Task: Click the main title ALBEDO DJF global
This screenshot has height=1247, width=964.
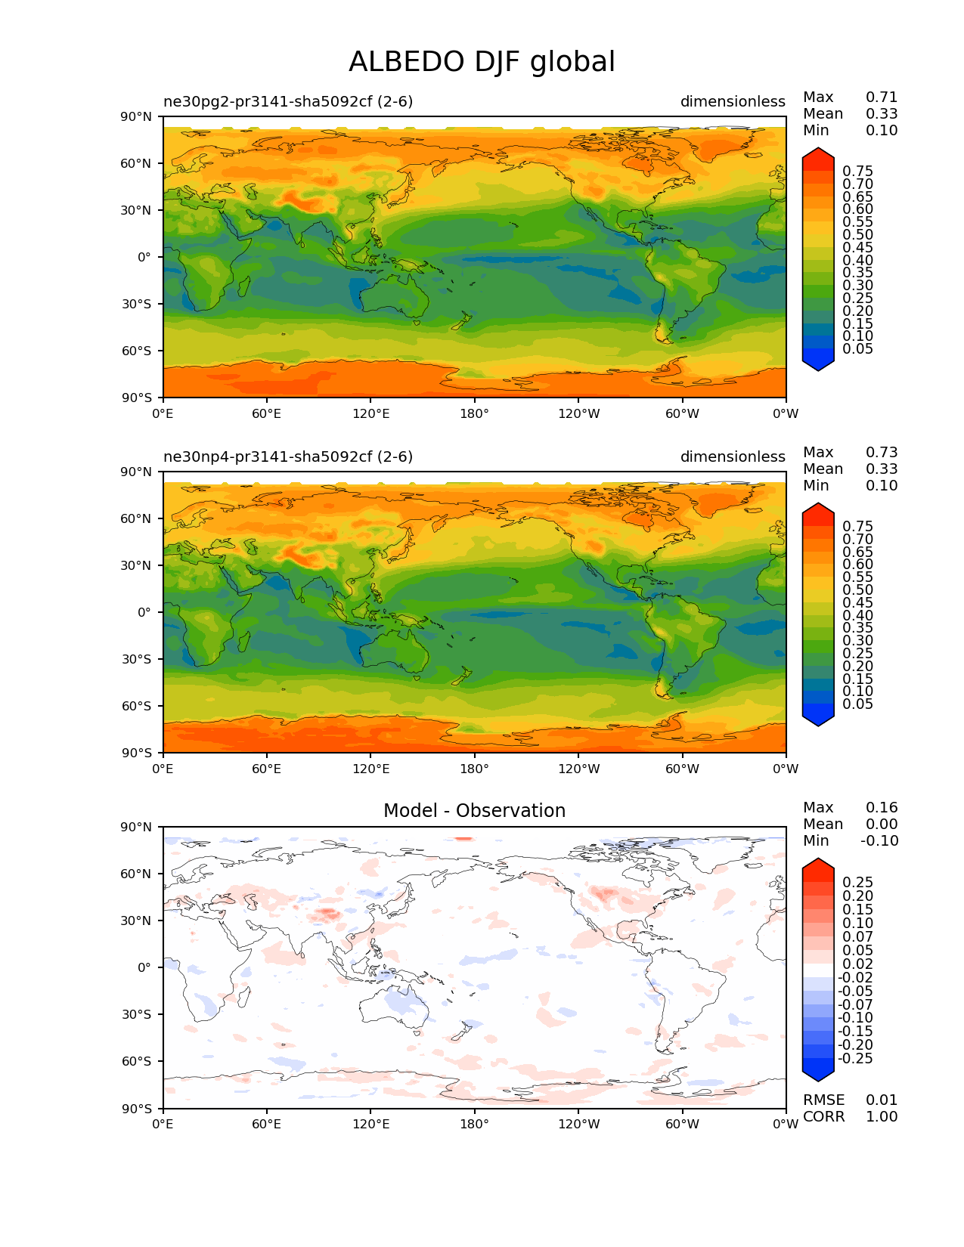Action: coord(482,62)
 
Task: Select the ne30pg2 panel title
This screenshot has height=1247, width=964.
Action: coord(288,102)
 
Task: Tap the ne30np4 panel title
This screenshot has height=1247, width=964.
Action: coord(288,457)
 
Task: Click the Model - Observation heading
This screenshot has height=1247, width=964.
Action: coord(474,811)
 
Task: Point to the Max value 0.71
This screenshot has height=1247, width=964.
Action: coord(882,97)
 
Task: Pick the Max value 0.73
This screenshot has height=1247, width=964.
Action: coord(882,453)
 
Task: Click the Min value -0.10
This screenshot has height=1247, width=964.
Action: coord(879,841)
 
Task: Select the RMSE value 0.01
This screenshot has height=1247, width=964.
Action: coord(882,1100)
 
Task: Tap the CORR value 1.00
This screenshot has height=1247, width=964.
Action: coord(882,1117)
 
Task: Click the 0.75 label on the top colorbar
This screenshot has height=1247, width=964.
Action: coord(857,172)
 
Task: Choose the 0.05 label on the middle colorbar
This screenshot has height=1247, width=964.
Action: coord(857,704)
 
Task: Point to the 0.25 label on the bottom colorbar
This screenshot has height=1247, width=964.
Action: coord(857,883)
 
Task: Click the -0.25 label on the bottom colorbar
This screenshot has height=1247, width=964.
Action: coord(855,1059)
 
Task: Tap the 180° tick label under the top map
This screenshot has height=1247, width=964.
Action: coord(474,414)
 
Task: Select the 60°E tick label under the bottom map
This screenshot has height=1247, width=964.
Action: coord(266,1125)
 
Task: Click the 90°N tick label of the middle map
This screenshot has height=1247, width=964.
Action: coord(137,472)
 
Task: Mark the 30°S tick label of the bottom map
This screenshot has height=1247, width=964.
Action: coord(137,1015)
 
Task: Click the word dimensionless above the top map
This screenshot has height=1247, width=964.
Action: coord(733,102)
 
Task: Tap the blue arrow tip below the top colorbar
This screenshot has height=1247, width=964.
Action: coord(818,364)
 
